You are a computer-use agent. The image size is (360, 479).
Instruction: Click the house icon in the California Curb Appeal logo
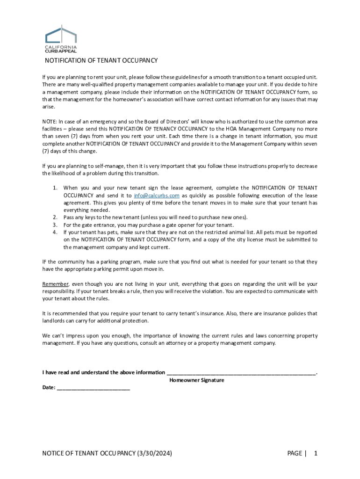tap(60, 34)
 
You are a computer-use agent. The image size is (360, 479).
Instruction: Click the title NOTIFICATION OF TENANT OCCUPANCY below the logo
tap(101, 61)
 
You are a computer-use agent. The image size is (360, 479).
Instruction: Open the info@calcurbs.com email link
tap(157, 195)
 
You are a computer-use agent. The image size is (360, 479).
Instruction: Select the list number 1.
tap(55, 188)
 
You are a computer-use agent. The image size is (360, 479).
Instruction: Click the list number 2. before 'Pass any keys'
tap(55, 217)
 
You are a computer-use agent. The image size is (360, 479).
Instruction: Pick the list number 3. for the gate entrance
tap(55, 225)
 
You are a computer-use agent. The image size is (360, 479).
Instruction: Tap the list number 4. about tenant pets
tap(55, 232)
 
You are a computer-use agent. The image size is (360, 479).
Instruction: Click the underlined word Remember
tap(56, 284)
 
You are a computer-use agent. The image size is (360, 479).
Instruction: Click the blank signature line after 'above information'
tap(241, 373)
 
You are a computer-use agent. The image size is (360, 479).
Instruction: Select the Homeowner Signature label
tap(196, 380)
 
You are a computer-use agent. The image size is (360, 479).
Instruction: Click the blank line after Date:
tap(93, 388)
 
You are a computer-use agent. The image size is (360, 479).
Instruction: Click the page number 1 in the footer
tap(316, 453)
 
